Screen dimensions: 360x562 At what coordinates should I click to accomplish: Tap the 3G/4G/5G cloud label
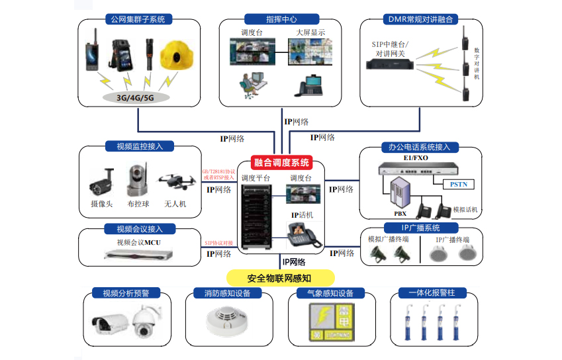tap(135, 97)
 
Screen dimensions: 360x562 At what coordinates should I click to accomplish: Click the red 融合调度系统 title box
tap(282, 163)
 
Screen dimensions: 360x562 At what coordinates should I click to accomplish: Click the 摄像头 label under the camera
tap(102, 204)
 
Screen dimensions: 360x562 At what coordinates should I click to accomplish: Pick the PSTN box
tap(458, 183)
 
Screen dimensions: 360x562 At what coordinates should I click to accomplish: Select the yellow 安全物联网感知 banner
tap(280, 277)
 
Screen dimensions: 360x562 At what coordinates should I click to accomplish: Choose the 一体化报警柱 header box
tap(428, 293)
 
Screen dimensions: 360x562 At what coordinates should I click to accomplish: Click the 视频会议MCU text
tap(138, 242)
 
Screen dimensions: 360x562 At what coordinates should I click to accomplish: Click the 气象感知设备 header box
tap(326, 293)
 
